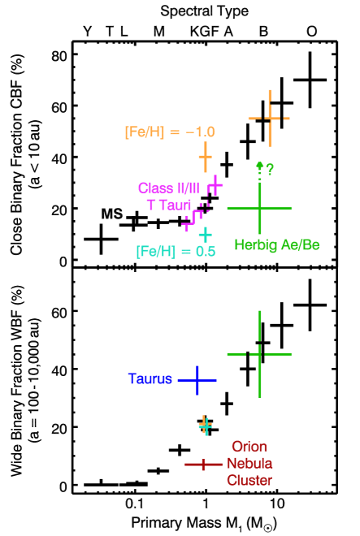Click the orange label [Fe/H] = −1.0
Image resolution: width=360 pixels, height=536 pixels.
(x=170, y=132)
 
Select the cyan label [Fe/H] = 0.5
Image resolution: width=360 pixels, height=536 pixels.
(x=176, y=252)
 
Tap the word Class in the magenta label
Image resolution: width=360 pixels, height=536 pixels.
(x=156, y=188)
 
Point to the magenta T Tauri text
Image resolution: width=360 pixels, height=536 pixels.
(x=168, y=205)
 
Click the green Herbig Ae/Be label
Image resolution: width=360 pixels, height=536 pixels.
(x=276, y=244)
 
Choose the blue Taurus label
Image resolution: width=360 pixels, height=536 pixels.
(x=150, y=379)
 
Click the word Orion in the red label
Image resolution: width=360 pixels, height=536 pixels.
(x=249, y=447)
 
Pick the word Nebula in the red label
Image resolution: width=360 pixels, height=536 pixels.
(x=249, y=464)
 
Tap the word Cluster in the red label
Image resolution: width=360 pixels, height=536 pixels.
(x=249, y=481)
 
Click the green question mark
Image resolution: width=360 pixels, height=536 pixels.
(x=270, y=169)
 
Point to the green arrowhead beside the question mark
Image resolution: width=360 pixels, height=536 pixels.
(x=259, y=165)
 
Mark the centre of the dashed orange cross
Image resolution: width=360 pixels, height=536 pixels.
(x=269, y=119)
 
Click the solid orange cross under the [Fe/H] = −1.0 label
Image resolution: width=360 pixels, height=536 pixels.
(x=205, y=156)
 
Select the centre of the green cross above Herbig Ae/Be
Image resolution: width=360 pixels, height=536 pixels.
(x=259, y=209)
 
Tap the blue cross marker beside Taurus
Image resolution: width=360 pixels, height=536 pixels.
(x=197, y=380)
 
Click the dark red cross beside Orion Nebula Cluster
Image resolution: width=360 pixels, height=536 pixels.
(x=202, y=465)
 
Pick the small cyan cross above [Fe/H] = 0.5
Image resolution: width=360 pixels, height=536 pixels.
(x=205, y=234)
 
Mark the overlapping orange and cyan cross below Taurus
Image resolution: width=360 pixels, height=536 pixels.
(x=205, y=425)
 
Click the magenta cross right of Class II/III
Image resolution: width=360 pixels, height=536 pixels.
(x=215, y=186)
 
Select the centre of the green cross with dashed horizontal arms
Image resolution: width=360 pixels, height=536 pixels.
(x=259, y=354)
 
